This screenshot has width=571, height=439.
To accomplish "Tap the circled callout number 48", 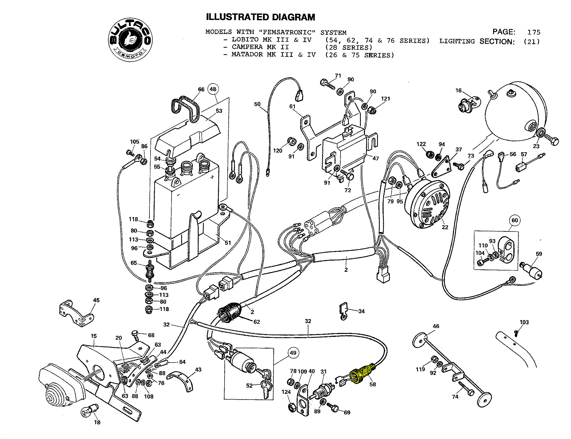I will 213,89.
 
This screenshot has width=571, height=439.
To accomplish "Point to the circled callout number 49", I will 293,353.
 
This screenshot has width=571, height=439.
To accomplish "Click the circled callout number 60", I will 514,220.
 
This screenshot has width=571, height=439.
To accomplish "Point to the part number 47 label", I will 376,158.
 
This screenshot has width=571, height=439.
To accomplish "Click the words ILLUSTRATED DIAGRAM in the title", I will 260,17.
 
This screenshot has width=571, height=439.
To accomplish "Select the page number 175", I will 533,32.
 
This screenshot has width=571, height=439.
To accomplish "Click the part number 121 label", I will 385,99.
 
